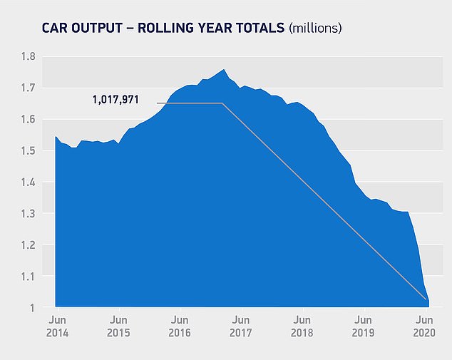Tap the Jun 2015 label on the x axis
point(118,326)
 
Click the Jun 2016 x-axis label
point(180,326)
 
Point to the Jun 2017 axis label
point(241,326)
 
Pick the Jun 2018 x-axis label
point(302,326)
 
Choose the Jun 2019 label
point(364,326)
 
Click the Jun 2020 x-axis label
point(425,326)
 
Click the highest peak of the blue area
point(224,70)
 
